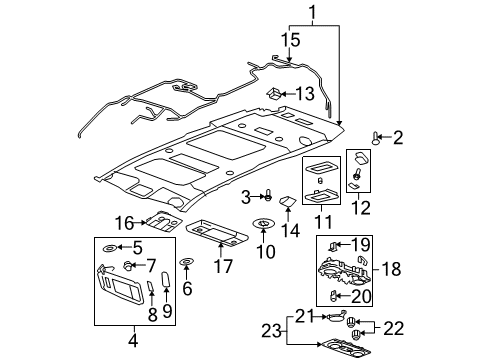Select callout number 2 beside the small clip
coord(397,137)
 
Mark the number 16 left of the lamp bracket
coord(124,222)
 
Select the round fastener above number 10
coord(265,224)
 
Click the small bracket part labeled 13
coord(273,94)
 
